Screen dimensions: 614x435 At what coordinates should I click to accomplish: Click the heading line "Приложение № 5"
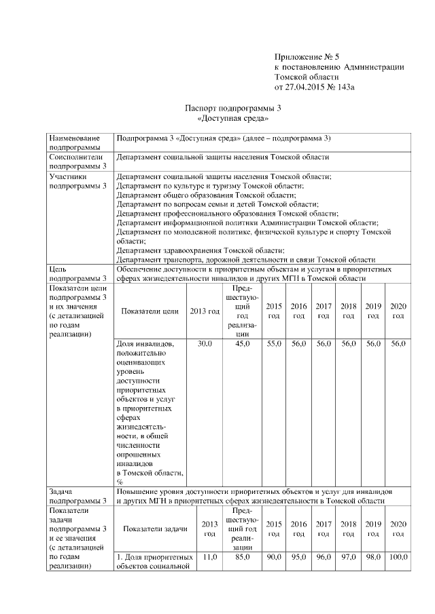tap(301, 57)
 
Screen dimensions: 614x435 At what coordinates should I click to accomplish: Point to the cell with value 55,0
tap(274, 345)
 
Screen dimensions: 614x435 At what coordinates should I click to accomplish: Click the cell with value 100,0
tap(398, 557)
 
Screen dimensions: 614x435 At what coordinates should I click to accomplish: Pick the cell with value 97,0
tap(349, 557)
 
